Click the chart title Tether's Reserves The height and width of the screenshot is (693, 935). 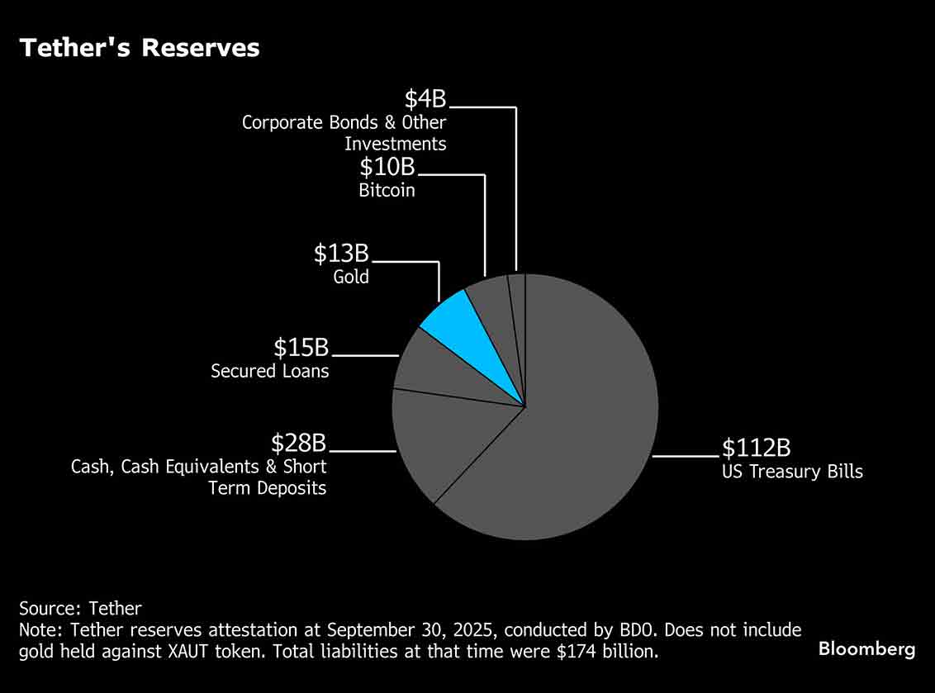[x=140, y=48]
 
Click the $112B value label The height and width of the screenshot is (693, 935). [x=757, y=448]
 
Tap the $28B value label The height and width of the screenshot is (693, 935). [x=299, y=443]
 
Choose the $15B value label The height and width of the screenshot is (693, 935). [x=301, y=348]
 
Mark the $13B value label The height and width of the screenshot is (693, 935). [x=340, y=254]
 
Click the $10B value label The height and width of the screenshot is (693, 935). [x=387, y=167]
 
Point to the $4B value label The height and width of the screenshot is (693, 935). [x=425, y=100]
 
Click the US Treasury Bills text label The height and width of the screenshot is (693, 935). [x=792, y=472]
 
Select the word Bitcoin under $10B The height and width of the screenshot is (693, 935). [x=387, y=190]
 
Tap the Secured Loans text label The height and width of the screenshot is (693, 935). [x=269, y=371]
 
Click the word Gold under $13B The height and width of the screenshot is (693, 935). [x=351, y=277]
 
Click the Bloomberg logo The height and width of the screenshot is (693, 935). [x=866, y=649]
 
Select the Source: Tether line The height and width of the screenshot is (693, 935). [x=80, y=609]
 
